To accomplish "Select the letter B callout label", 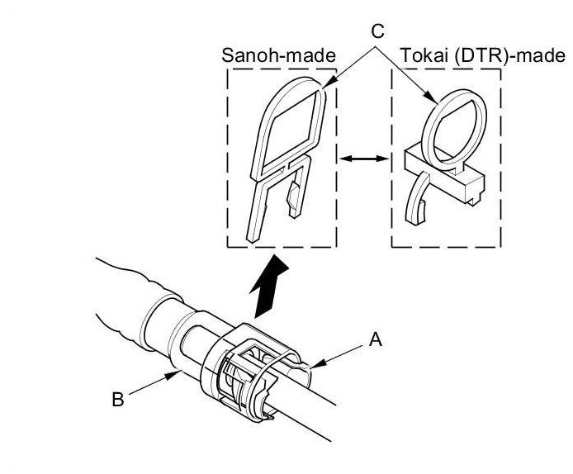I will tap(117, 401).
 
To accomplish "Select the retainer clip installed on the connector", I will tap(248, 363).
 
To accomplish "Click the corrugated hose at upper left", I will tap(124, 285).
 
